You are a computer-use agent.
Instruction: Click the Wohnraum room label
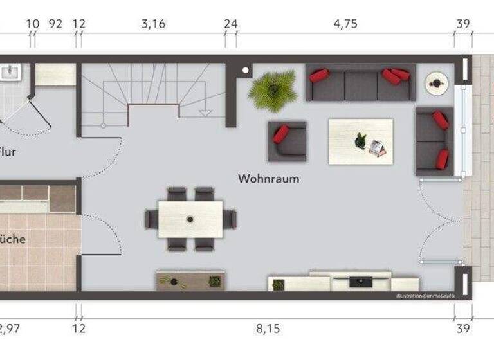tap(268, 179)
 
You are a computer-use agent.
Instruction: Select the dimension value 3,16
tap(153, 24)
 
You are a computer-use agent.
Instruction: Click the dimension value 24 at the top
tap(230, 24)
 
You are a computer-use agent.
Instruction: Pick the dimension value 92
tap(56, 24)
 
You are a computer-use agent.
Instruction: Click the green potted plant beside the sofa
tap(273, 89)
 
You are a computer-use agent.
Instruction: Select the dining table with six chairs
tap(190, 219)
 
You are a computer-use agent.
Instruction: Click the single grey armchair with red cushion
tap(287, 141)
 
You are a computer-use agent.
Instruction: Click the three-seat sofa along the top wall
tap(360, 84)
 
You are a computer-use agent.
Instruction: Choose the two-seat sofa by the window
tap(434, 140)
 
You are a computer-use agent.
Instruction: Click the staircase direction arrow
tap(206, 112)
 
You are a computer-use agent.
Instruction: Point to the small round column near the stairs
tap(246, 71)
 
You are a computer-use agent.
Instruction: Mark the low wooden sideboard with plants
tap(190, 281)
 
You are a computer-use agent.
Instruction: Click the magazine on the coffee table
tap(378, 148)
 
